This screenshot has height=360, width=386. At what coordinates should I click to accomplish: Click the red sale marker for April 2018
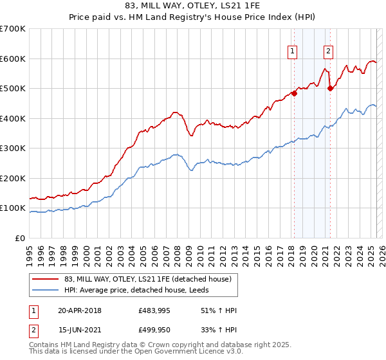tap(294, 93)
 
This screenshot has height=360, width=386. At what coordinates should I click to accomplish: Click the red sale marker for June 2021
tap(330, 89)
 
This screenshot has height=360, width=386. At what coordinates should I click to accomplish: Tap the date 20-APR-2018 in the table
tap(79, 310)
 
